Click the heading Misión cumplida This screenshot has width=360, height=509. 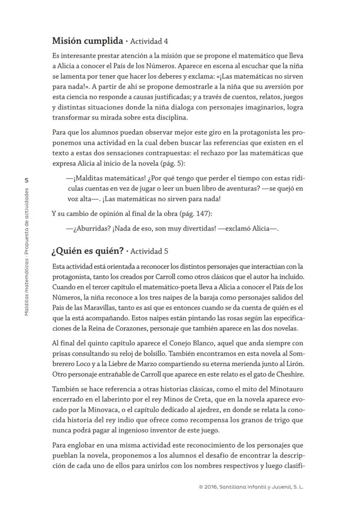[87, 41]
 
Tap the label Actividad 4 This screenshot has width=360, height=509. [149, 42]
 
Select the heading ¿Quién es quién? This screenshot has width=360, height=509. [87, 251]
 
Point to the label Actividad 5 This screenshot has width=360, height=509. [149, 251]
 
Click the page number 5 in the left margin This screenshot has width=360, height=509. [27, 180]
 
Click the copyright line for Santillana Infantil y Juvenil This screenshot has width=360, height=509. [251, 487]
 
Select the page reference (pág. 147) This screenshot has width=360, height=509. [196, 213]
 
